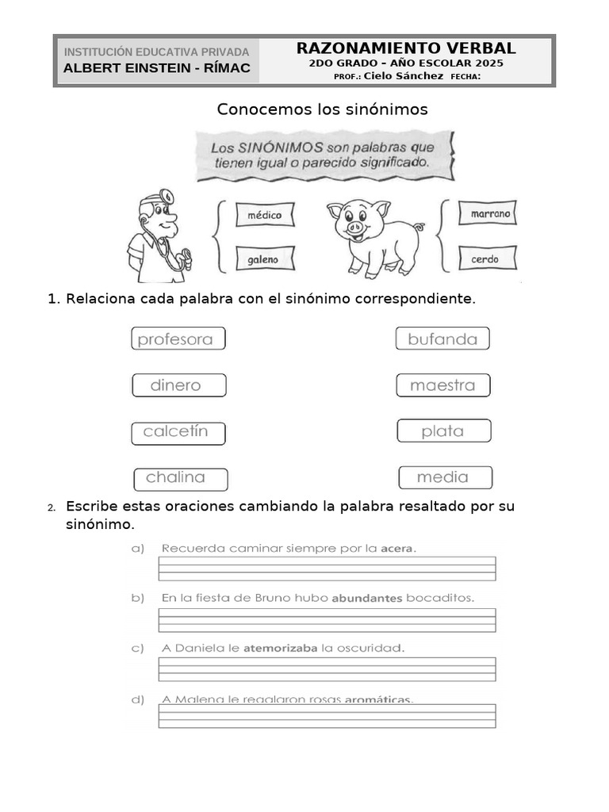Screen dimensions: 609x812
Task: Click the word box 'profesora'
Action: tap(178, 339)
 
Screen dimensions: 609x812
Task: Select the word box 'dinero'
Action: tap(178, 385)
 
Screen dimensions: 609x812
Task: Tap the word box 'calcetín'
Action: tap(178, 433)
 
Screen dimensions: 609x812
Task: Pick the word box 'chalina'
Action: tap(180, 479)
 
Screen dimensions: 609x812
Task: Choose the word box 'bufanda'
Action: tap(442, 339)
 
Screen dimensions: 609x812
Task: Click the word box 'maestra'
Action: tap(443, 385)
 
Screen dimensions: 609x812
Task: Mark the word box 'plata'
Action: tap(443, 431)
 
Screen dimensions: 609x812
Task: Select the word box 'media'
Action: tap(443, 477)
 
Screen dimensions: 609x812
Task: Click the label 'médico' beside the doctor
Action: tap(265, 215)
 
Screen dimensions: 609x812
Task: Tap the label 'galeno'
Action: tap(263, 259)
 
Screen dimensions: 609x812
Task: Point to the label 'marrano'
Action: tap(490, 214)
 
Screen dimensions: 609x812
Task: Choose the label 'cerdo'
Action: tap(485, 259)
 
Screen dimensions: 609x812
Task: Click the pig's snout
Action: tap(354, 228)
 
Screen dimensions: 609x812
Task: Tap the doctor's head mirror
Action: tap(167, 196)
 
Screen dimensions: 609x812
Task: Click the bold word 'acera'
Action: tap(397, 548)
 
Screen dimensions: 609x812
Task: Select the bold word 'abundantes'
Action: tap(367, 598)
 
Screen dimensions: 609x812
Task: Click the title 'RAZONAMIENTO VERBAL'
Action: tap(406, 49)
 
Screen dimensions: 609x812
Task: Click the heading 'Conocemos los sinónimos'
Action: tap(322, 109)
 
